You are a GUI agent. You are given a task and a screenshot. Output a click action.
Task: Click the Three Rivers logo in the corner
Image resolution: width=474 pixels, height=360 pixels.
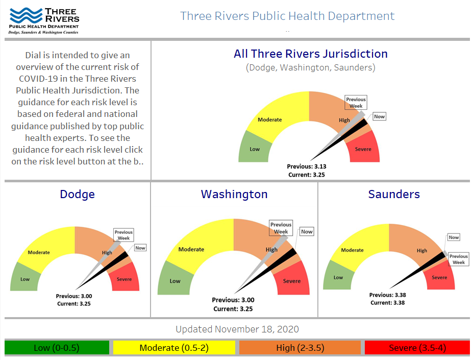coord(44,20)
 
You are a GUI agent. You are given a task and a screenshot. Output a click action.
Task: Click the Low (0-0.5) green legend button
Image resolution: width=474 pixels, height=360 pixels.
coord(57,348)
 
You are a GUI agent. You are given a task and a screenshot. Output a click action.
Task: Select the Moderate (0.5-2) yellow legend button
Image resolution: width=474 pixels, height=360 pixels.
coord(173,348)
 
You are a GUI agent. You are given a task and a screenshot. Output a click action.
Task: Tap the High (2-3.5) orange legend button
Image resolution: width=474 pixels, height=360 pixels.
coord(300,348)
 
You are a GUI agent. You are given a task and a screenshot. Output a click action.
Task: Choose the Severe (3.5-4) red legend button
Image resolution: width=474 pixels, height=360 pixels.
coord(417,348)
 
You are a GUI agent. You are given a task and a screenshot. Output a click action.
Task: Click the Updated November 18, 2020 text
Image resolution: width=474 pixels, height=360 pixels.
coord(237,329)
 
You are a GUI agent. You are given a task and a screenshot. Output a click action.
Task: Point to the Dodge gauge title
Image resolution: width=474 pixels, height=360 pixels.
coord(77,194)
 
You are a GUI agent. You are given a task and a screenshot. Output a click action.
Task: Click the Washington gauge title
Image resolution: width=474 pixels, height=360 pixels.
coord(234,194)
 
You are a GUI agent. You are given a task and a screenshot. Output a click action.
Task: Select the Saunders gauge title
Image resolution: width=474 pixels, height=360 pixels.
coord(394,194)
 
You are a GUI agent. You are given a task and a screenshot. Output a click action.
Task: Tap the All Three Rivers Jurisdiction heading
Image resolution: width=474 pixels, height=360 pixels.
coord(310,54)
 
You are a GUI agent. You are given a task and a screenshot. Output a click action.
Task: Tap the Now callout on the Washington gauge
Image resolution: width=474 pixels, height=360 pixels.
coord(307,232)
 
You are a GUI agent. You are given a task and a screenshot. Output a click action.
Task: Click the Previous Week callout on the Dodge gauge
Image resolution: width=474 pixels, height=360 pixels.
coord(123,235)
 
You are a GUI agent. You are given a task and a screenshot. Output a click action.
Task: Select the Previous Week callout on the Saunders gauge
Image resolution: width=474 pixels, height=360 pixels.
coord(458,259)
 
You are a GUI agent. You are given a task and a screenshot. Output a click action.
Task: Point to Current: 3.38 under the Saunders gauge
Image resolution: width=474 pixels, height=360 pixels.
coord(388,303)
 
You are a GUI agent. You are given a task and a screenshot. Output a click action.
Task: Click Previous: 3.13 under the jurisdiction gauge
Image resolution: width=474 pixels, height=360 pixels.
coord(306,166)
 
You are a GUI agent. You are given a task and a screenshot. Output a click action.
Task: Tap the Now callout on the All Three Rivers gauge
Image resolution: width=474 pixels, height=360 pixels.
coord(379,116)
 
